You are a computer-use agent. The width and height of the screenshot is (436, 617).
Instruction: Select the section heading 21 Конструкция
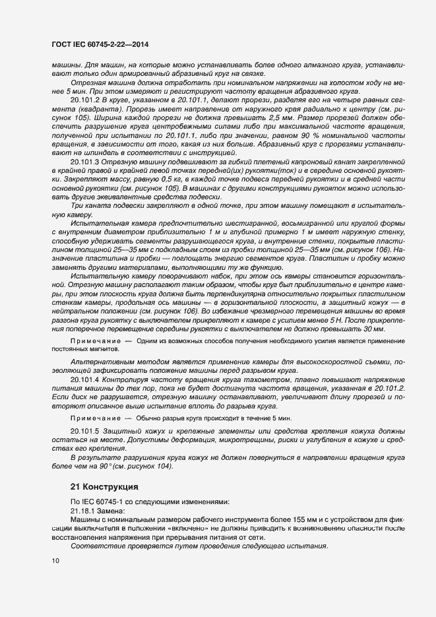[x=104, y=487]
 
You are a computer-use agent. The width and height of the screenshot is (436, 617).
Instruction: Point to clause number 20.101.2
[x=84, y=99]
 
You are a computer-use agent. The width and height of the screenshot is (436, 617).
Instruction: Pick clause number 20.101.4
[x=84, y=381]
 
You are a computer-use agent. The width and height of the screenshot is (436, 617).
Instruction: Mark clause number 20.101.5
[x=84, y=430]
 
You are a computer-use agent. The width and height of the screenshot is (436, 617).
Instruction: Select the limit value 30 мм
[x=373, y=329]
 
